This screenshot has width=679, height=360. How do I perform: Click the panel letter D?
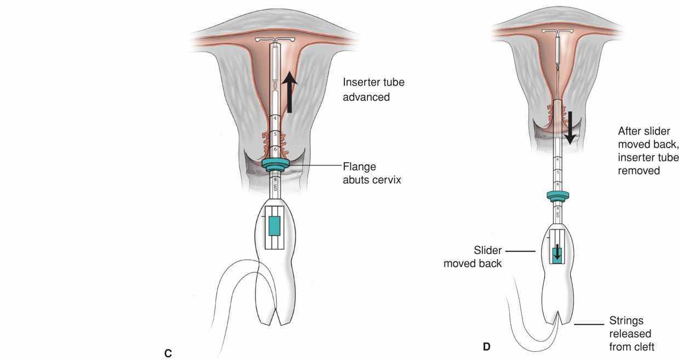coord(487,347)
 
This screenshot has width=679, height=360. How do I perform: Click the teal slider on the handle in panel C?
coord(274,226)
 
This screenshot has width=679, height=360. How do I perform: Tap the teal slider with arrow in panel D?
coord(557,254)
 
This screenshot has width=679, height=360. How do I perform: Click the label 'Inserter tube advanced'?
coord(373,90)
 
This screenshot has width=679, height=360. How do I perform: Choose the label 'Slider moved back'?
coord(473,257)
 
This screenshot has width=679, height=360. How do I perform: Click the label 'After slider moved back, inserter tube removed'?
coord(648,151)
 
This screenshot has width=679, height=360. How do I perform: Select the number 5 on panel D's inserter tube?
coord(557,172)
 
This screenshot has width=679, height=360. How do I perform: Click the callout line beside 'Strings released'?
coord(589,324)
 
